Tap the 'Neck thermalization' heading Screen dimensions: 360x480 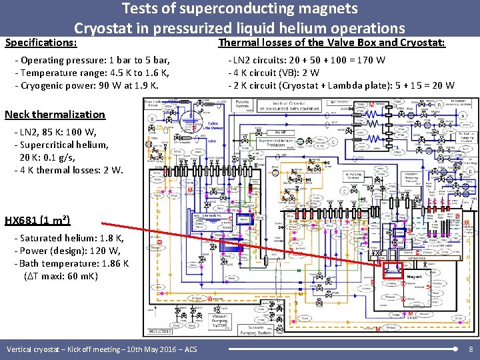coord(55,114)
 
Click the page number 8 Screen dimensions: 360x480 coord(471,349)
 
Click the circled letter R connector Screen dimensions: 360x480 coord(439,105)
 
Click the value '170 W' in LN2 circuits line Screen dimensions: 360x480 coord(371,61)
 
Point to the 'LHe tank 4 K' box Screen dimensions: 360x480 coord(211,217)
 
